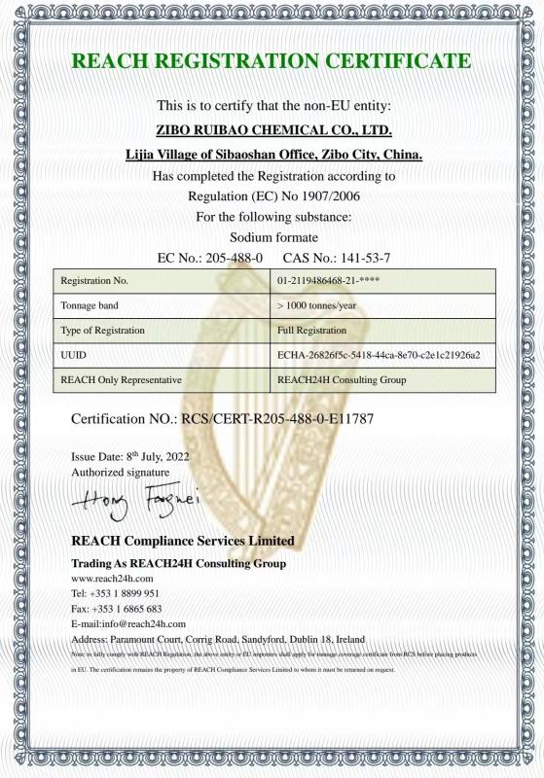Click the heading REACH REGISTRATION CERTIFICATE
coord(272,61)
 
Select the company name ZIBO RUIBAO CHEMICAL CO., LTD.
coord(273,129)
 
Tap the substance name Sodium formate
coord(273,236)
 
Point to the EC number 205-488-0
coord(230,259)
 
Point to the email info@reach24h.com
coord(143,623)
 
